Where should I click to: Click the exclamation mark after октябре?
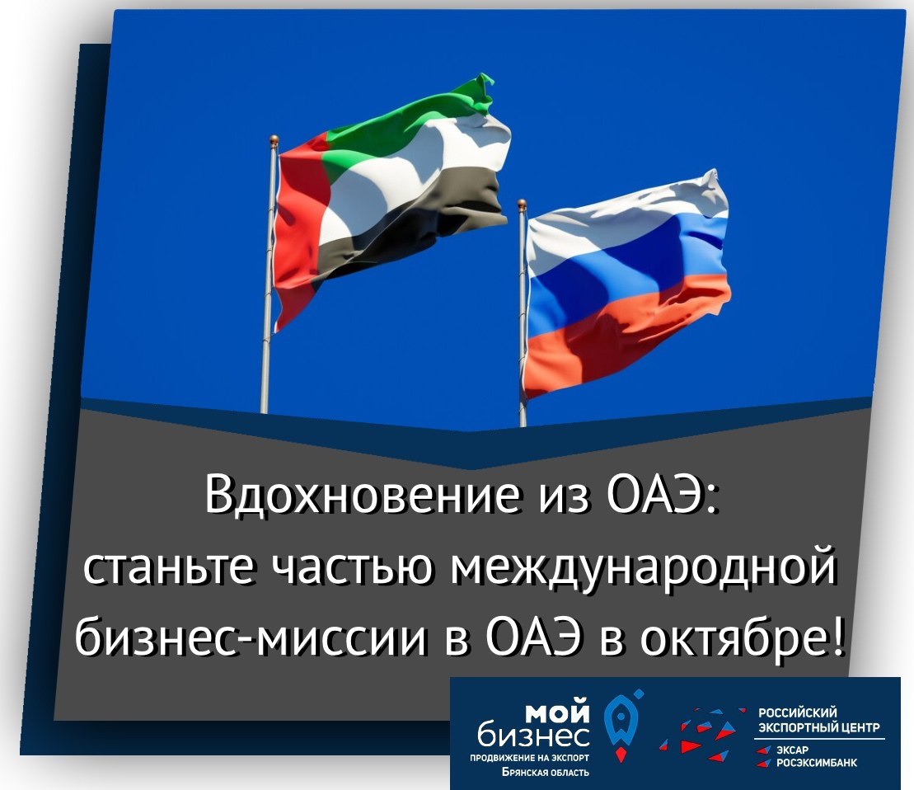tap(836, 636)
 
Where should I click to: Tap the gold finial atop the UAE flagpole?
tap(274, 140)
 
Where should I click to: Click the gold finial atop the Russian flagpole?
tap(522, 204)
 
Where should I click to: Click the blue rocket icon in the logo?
tap(621, 723)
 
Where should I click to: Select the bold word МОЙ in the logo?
tap(558, 712)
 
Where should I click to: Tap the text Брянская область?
tap(546, 772)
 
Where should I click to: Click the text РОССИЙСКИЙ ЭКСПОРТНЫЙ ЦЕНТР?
tap(818, 719)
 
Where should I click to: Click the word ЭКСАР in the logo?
tap(791, 750)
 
